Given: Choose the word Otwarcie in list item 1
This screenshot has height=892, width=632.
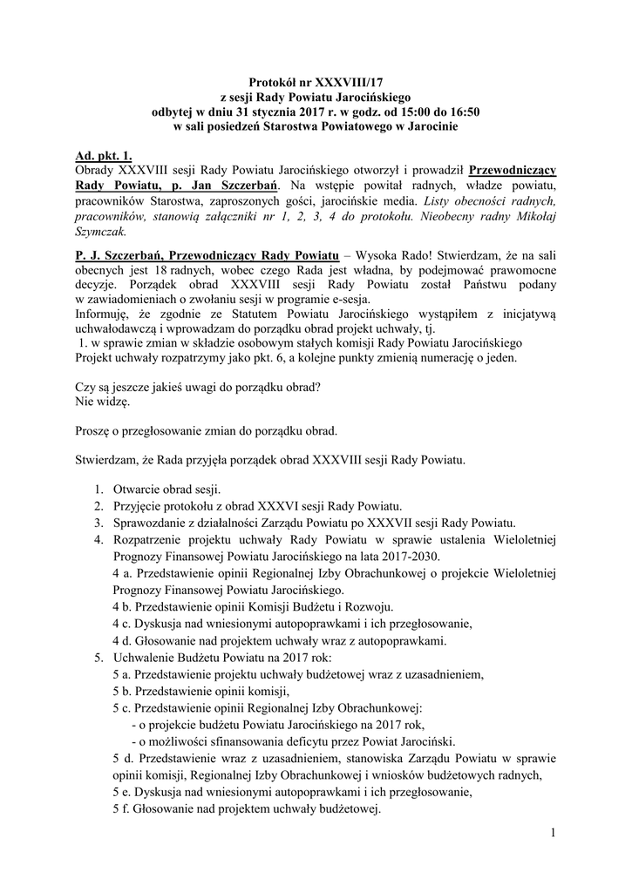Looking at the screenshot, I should (x=139, y=489).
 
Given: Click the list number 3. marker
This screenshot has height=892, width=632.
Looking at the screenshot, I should (x=99, y=523).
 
